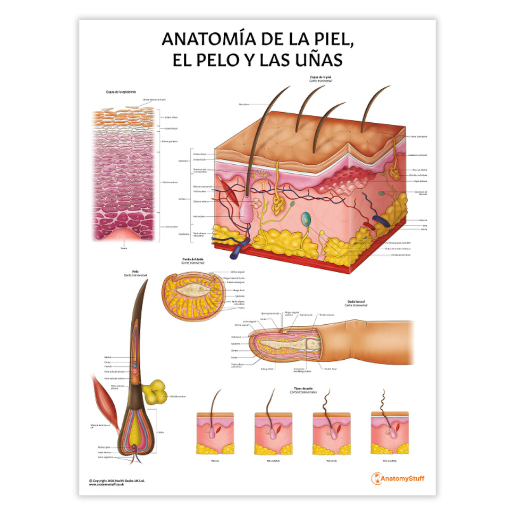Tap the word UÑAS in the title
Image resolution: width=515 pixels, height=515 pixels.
point(315,60)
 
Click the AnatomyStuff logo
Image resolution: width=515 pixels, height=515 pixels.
point(398,478)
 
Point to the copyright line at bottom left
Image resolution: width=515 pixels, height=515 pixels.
point(116,480)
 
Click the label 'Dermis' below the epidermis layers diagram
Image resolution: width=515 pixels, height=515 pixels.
point(123,247)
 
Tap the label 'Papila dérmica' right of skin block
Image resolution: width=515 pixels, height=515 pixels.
point(420,181)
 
